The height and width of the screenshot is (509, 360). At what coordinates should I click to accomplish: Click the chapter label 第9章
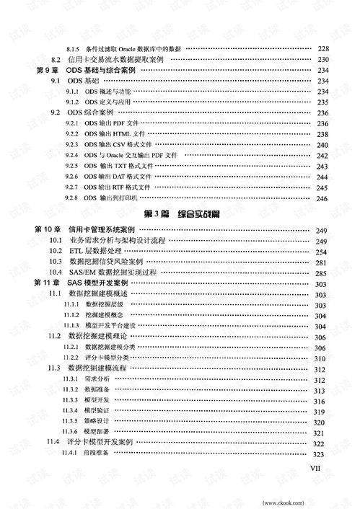pos(45,71)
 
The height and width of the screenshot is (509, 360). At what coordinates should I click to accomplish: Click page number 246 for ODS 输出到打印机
pos(322,198)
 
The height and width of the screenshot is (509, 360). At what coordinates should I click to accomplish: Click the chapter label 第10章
pos(47,229)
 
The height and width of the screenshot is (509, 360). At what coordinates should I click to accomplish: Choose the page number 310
pos(321,358)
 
